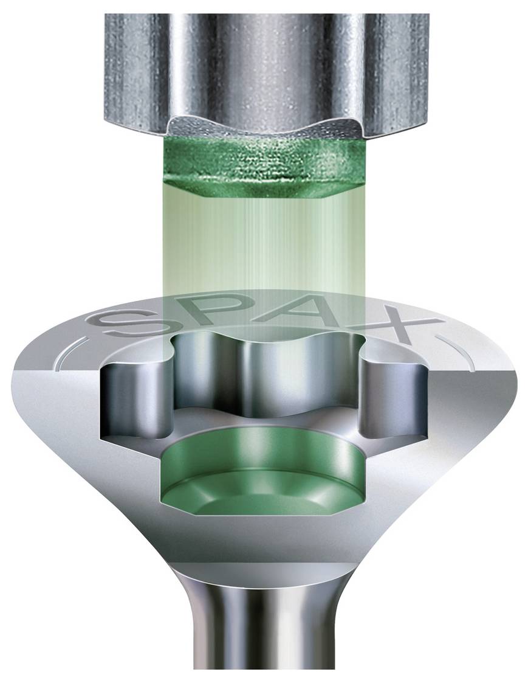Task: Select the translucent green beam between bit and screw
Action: (x=261, y=243)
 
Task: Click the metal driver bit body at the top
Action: (x=261, y=55)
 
